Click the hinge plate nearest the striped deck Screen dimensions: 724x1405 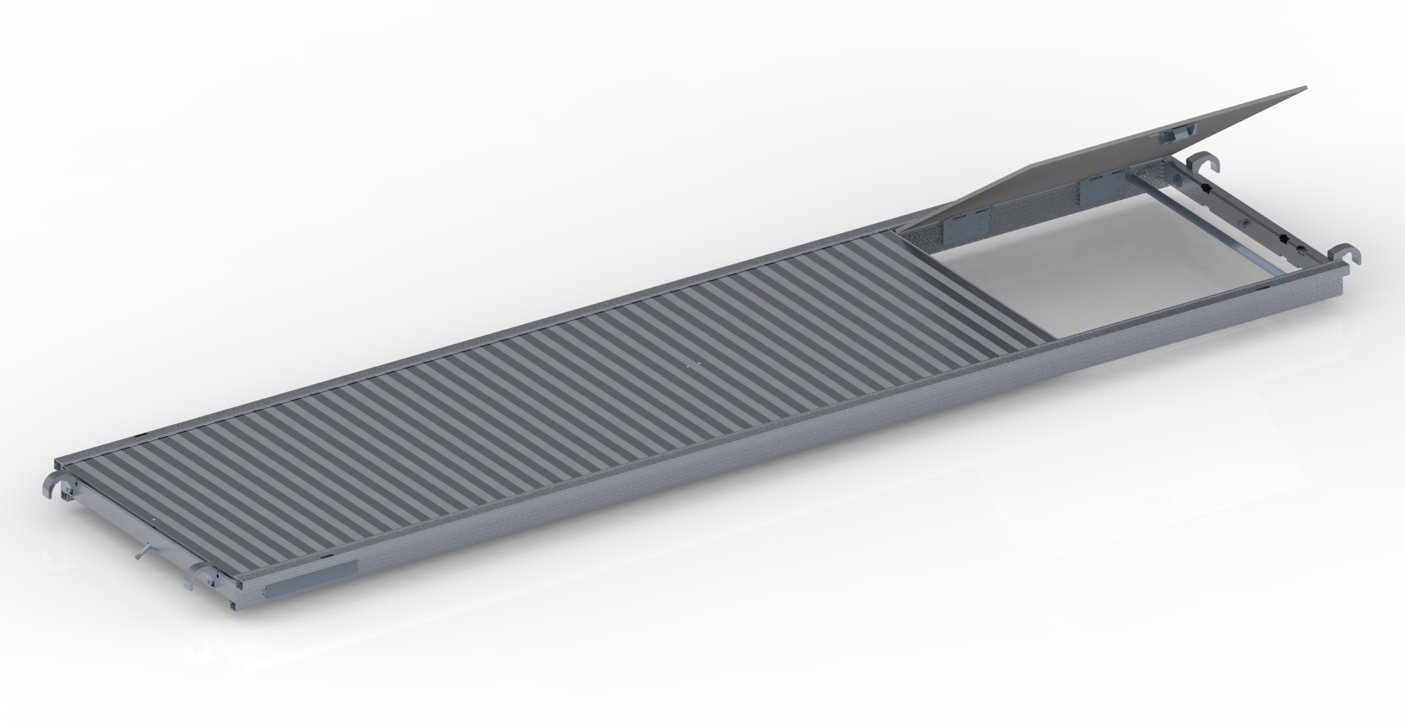coord(967,226)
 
